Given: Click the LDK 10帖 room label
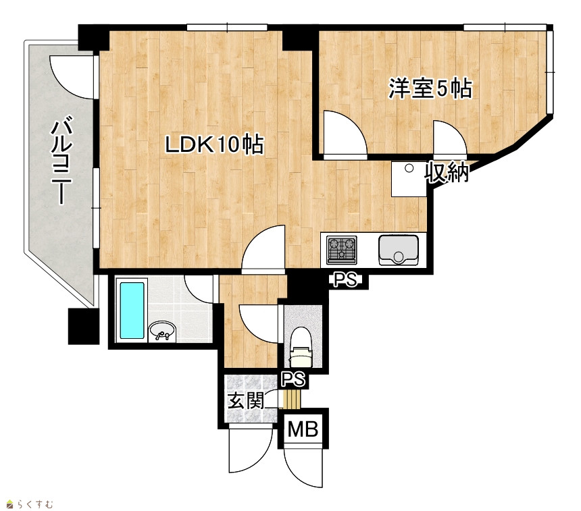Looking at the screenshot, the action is coord(214,144).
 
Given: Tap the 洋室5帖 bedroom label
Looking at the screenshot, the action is coord(430,88).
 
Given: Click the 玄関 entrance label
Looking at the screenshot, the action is coord(246,400).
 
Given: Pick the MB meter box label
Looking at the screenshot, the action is coord(303,429).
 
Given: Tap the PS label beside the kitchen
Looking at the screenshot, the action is coord(346,279).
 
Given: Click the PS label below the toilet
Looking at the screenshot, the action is coord(293,379).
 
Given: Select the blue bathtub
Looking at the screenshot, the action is coord(132,311).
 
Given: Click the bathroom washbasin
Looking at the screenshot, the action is coord(162,330).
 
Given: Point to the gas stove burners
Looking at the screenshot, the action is coord(342,250).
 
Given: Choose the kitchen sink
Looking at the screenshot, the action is coord(399,250).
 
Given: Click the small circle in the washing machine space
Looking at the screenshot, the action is coord(409,169).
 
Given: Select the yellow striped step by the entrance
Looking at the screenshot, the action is coord(291,399).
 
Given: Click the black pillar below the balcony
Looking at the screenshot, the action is coord(84,326).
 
